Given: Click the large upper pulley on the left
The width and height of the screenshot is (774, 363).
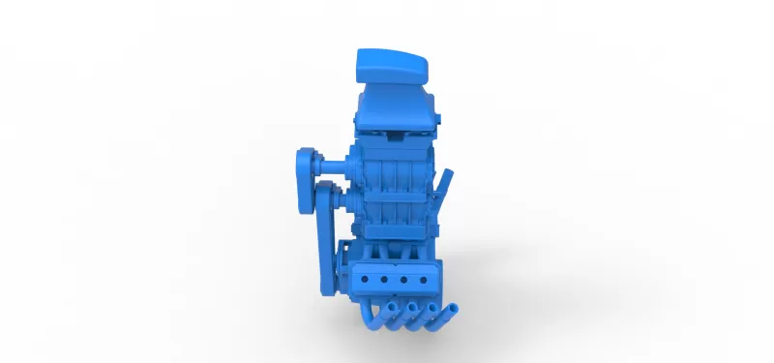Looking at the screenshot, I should pyautogui.click(x=309, y=165).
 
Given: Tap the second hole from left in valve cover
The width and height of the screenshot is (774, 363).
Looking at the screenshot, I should pyautogui.click(x=385, y=278).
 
